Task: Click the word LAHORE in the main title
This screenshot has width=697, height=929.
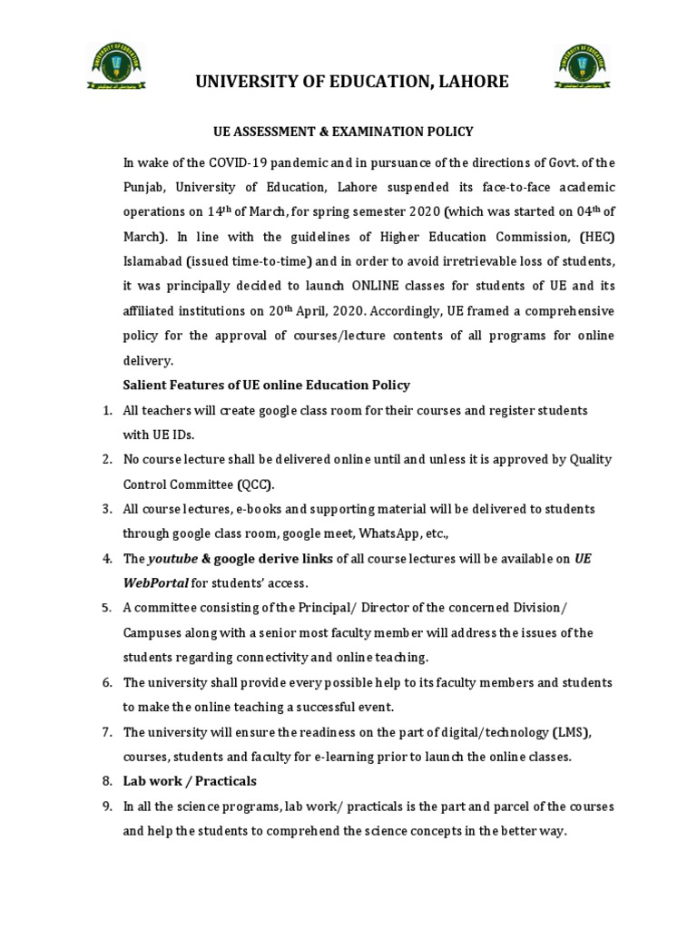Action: pos(463,83)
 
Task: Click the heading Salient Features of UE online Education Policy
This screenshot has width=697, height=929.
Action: pos(266,385)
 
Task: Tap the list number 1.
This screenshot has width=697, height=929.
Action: pos(105,410)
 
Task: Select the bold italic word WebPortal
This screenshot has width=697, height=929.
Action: pos(155,582)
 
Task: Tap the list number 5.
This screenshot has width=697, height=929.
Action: pos(105,607)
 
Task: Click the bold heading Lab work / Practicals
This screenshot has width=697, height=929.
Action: pos(190,780)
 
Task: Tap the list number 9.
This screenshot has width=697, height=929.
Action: pos(105,806)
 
